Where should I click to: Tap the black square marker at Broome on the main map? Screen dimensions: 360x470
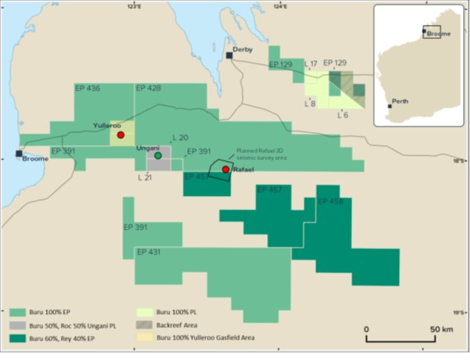point(20,153)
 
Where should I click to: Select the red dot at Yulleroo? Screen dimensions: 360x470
point(120,135)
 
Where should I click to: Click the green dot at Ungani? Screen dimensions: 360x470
point(158,156)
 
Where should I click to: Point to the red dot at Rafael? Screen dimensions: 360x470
point(225,169)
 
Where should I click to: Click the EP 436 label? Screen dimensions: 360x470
point(87,89)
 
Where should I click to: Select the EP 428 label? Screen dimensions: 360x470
point(148,89)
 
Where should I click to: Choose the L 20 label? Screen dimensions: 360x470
point(180,137)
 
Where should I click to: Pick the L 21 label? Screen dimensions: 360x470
point(145,178)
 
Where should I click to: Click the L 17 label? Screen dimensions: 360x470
point(310,63)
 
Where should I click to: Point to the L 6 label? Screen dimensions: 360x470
point(342,115)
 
